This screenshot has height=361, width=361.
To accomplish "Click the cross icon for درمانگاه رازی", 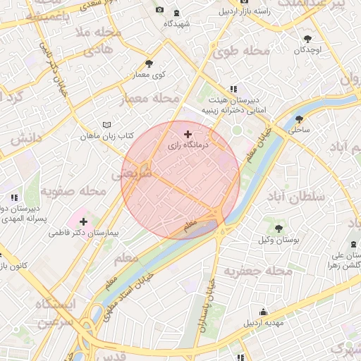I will pyautogui.click(x=187, y=134).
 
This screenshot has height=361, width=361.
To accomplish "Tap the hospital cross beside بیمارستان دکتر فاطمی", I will pyautogui.click(x=83, y=222).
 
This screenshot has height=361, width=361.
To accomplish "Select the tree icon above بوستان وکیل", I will pyautogui.click(x=279, y=228).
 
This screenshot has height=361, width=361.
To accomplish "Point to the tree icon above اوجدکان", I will pyautogui.click(x=307, y=39).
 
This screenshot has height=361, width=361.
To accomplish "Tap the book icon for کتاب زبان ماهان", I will pyautogui.click(x=106, y=124).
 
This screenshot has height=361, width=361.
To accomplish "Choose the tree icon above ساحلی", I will pyautogui.click(x=300, y=119).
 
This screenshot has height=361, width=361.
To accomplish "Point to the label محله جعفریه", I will pyautogui.click(x=258, y=271).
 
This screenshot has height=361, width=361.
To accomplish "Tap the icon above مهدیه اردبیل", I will pyautogui.click(x=264, y=312).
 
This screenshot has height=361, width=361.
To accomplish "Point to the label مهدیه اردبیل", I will pyautogui.click(x=264, y=323).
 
